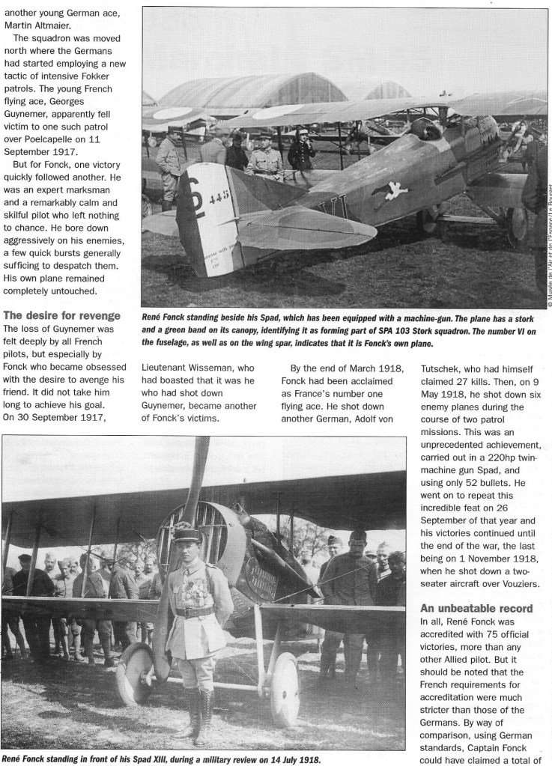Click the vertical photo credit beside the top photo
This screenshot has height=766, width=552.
tap(547, 232)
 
